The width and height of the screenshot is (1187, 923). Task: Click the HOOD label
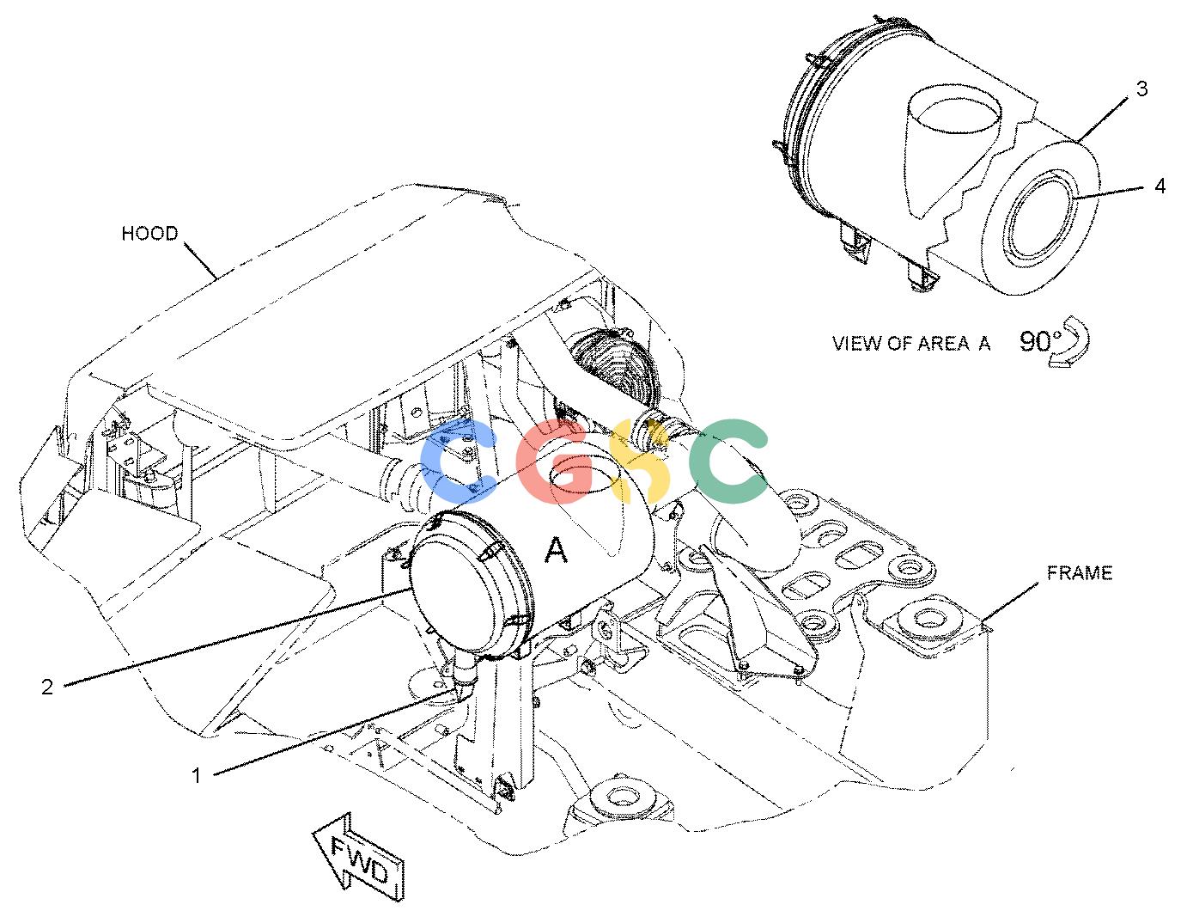point(149,234)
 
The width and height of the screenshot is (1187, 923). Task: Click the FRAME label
point(1080,572)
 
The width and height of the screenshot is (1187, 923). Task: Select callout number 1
point(197,775)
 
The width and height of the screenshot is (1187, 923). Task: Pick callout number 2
point(47,687)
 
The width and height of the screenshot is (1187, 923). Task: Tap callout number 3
point(1141,89)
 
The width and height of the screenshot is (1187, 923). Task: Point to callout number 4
point(1160,186)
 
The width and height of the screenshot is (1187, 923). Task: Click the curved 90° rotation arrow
point(1069,341)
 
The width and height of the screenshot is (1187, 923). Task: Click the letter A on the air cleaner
point(556,549)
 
